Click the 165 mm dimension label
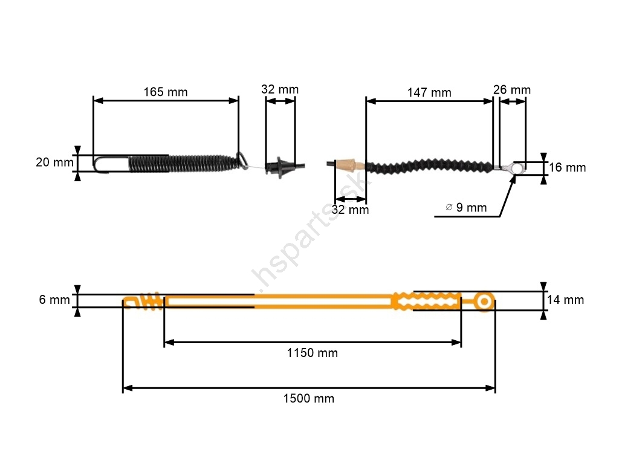click(x=166, y=92)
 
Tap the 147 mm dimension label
click(x=429, y=92)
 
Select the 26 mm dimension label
click(x=512, y=90)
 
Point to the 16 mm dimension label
click(x=567, y=167)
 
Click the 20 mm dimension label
click(x=54, y=162)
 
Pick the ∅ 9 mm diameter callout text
click(x=466, y=208)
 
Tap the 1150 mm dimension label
click(x=313, y=353)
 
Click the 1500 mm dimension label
click(x=309, y=399)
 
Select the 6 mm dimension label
click(x=54, y=300)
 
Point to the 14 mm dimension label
click(x=565, y=300)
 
